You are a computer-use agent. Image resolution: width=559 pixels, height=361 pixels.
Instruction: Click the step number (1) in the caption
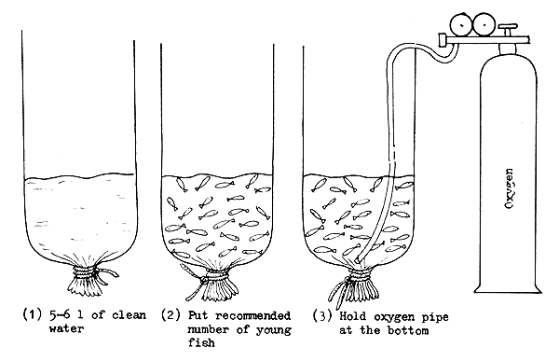[31, 314]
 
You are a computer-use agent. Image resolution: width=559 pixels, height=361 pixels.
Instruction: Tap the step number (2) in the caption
[170, 314]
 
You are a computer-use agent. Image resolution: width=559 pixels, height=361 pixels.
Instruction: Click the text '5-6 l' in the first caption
[64, 314]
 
